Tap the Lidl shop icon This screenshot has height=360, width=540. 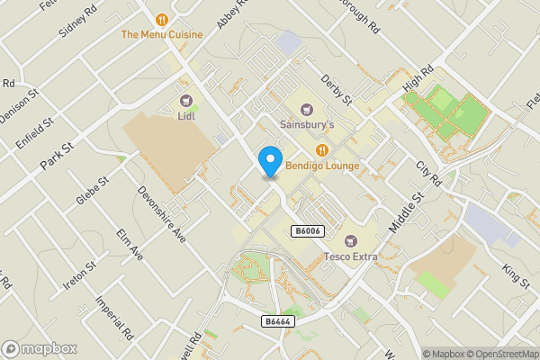coord(187,101)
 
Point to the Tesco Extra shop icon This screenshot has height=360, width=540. coord(350,240)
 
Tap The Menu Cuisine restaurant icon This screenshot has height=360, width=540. coord(162,19)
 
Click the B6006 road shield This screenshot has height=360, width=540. coord(307,231)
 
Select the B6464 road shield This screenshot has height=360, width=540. coord(277,321)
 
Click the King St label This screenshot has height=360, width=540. coord(516,274)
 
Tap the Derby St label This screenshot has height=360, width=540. coord(334,89)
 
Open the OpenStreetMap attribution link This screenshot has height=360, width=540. coord(496,354)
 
